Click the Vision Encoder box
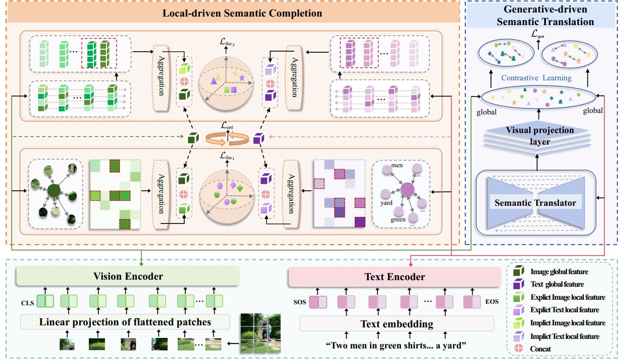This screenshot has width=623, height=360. tap(128, 277)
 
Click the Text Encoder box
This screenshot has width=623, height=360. tap(395, 277)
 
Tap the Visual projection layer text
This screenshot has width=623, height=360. tap(539, 135)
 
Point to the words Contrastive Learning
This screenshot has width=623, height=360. tap(537, 78)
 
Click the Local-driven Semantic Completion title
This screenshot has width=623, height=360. tap(242, 14)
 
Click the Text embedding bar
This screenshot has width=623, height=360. tap(397, 324)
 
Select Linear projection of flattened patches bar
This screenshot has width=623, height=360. tap(126, 322)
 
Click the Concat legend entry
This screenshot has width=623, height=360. tap(540, 348)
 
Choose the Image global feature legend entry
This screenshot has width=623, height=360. tap(559, 272)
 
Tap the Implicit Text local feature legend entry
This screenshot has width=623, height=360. tap(565, 336)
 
